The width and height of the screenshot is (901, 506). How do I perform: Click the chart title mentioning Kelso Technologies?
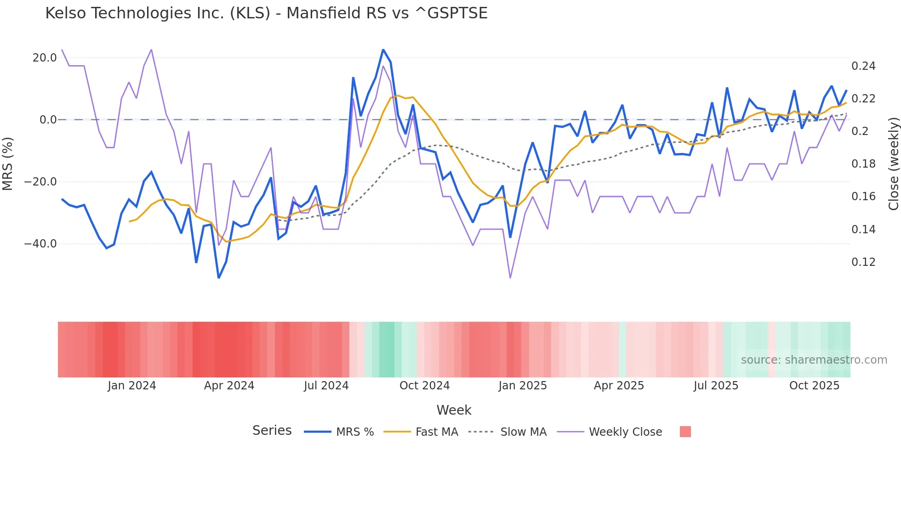point(266,13)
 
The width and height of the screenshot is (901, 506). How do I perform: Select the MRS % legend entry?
point(354,432)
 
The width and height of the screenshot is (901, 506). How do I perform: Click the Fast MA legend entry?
point(436,432)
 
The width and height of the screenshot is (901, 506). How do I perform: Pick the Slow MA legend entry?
point(523,432)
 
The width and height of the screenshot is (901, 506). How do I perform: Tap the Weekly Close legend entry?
point(625,432)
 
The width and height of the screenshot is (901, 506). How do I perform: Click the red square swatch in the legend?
point(685,432)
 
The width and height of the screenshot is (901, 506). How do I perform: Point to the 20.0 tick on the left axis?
point(45,58)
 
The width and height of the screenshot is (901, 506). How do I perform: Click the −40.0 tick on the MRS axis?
point(40,244)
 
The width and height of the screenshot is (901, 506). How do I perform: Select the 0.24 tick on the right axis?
point(863,66)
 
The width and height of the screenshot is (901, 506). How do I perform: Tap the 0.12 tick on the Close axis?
point(863,262)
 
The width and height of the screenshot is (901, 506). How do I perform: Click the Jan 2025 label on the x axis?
point(523,386)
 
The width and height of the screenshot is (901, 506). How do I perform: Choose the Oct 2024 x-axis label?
point(424,386)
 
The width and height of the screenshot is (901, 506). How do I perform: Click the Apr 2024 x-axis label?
point(229,386)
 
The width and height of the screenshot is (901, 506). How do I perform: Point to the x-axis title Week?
point(454,410)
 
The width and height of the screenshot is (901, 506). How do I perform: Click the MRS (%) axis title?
point(8,163)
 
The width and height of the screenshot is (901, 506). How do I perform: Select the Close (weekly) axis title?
point(893,163)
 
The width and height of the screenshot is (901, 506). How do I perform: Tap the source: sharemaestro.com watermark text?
point(814,360)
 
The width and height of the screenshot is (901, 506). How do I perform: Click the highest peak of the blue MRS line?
point(383,50)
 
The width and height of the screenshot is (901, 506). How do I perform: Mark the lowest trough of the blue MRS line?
point(219,278)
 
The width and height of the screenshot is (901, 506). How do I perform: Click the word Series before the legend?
point(272,431)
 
